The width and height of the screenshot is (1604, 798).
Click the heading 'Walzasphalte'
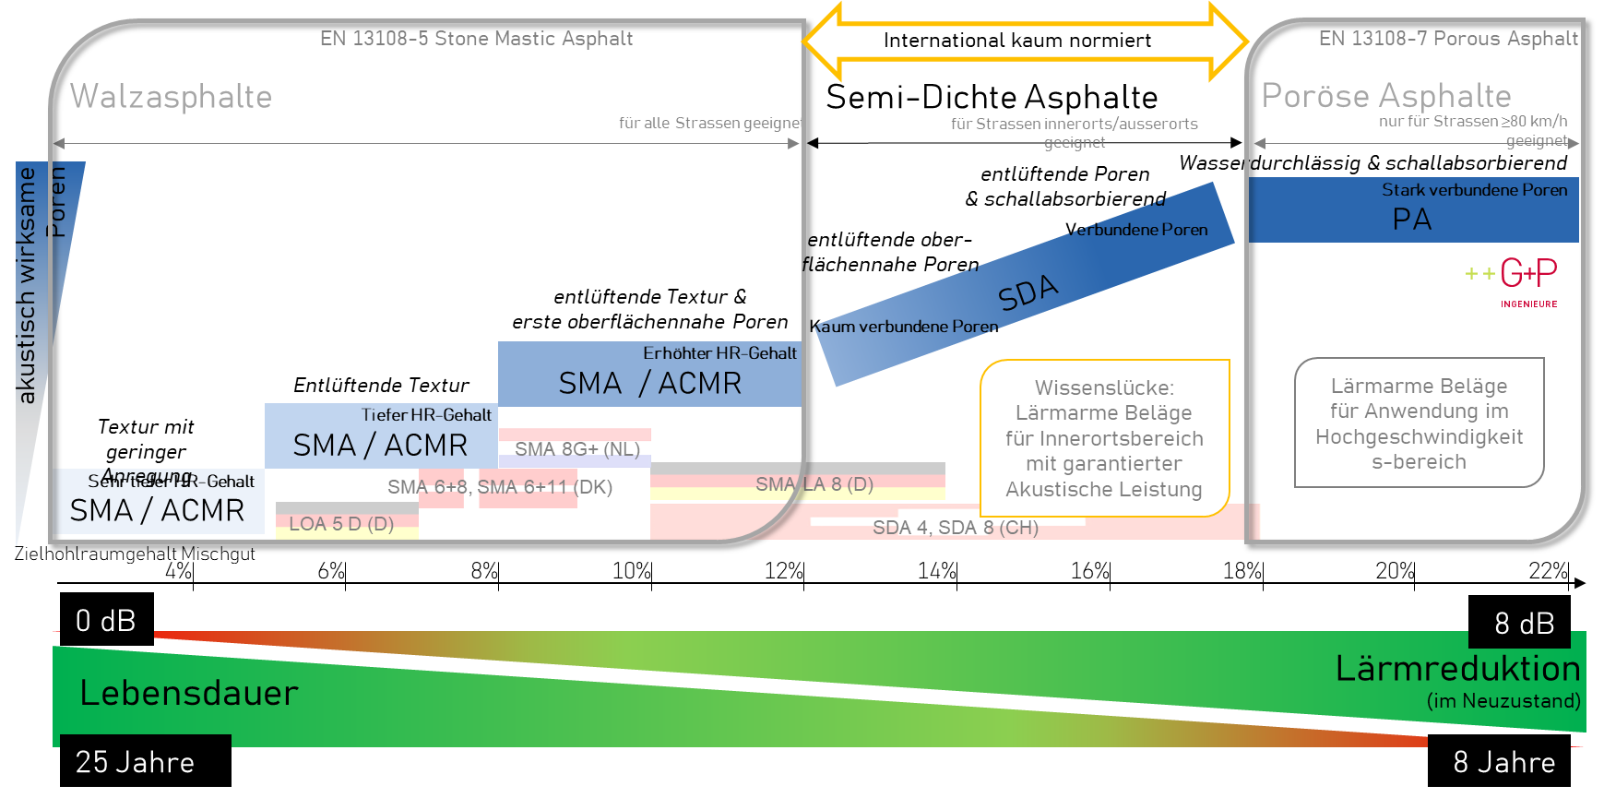(171, 97)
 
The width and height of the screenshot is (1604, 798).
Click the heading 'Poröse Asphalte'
(1385, 96)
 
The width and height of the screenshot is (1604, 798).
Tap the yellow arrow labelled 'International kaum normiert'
(1017, 41)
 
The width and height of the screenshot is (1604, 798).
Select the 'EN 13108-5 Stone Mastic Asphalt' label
(476, 39)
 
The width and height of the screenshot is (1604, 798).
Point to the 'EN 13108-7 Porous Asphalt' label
(1448, 39)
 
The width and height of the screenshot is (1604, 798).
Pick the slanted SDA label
(1028, 292)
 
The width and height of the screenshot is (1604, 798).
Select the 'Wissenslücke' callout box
(1104, 438)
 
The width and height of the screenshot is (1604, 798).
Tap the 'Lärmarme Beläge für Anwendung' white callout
(1419, 423)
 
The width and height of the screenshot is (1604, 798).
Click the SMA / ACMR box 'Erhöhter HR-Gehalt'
(649, 375)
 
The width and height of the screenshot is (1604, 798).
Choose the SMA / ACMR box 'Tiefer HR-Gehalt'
(380, 436)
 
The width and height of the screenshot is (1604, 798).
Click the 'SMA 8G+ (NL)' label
(576, 449)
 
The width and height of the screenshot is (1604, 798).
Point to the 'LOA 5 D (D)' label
(341, 524)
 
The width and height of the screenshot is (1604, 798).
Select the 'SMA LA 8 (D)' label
(814, 484)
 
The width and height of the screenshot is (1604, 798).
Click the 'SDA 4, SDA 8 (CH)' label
(955, 528)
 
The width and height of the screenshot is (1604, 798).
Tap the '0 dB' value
(105, 621)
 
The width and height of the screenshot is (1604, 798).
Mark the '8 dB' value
(1524, 624)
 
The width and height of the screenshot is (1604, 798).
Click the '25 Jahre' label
(135, 762)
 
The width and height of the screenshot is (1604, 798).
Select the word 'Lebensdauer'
(189, 693)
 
